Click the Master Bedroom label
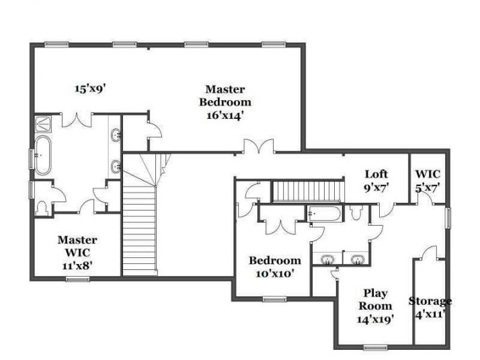pos(225,95)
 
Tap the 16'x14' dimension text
pos(225,115)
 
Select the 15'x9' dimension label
pos(91,88)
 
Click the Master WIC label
pos(77,246)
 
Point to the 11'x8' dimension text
pos(77,265)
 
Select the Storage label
pos(430,300)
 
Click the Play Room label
pos(375,299)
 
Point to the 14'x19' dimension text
pos(375,318)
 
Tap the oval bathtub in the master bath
pos(43,155)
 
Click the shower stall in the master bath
pos(43,123)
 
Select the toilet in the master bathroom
pos(44,207)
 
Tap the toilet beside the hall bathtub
pos(356,212)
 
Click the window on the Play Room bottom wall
pos(376,347)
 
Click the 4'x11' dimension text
pos(430,313)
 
